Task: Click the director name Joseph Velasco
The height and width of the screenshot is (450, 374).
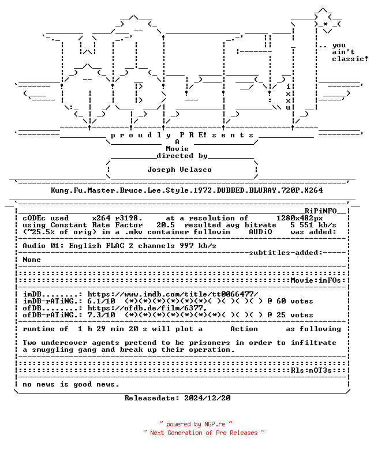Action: pos(179,170)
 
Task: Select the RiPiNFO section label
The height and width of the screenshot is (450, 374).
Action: pos(320,211)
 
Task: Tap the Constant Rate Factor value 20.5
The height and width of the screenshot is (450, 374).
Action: pos(165,225)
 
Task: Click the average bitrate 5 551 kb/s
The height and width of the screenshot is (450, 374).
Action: pos(313,225)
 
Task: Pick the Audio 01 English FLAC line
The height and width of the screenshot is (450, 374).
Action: pos(119,246)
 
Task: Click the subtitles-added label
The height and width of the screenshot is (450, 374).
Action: pos(286,253)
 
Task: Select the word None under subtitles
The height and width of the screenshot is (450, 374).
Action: pos(32,260)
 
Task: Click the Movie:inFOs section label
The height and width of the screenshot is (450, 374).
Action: pos(316,280)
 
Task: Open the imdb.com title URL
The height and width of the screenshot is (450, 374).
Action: pos(173,294)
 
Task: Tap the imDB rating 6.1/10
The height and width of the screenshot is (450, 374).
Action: pos(102,301)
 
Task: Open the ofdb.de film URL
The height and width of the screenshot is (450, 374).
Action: pos(147,308)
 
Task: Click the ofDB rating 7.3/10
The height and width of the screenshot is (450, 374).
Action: pos(102,315)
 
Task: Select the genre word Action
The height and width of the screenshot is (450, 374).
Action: pos(244,329)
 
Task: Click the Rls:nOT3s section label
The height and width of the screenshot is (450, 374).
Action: pos(311,370)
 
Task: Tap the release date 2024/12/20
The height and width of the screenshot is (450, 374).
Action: pos(207,398)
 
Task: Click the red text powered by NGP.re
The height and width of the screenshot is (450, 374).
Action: pos(196,424)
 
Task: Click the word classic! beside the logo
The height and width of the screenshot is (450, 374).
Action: pos(350,59)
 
